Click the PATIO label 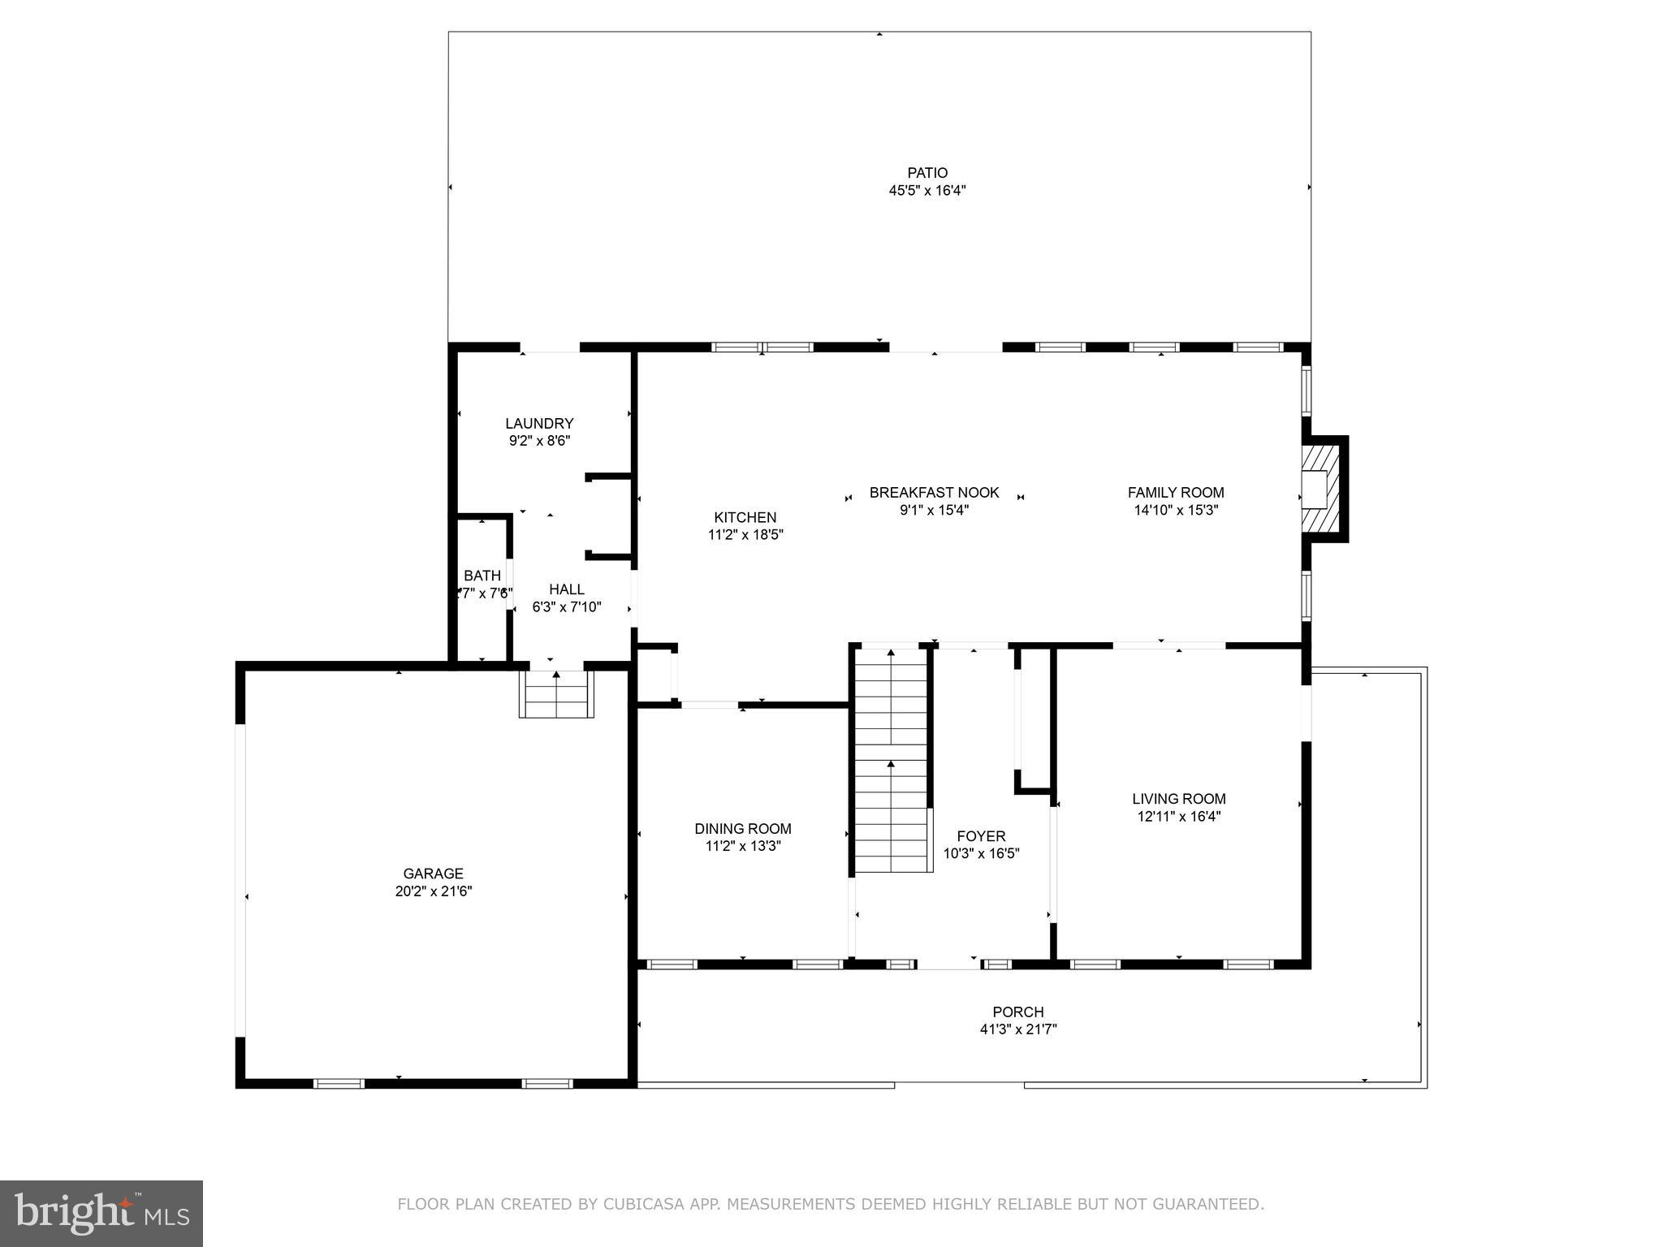[927, 173]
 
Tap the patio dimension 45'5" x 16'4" [927, 191]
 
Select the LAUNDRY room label [539, 423]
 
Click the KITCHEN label [745, 517]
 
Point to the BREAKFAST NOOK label [934, 493]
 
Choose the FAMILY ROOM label [1175, 493]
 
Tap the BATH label [482, 576]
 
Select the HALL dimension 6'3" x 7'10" [567, 606]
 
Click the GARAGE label [434, 874]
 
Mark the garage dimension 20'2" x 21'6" [434, 891]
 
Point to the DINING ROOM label [742, 828]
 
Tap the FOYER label [981, 836]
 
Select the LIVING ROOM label [1178, 799]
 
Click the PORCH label [1017, 1012]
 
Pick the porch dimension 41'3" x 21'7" [1017, 1029]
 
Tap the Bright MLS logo [102, 1213]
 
